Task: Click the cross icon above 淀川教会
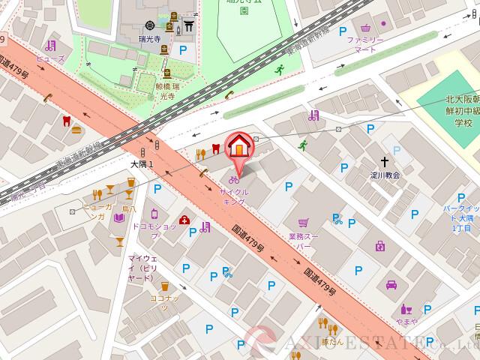[385, 161]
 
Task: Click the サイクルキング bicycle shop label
[233, 197]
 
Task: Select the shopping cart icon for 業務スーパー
[303, 223]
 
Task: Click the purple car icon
[391, 285]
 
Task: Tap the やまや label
[407, 321]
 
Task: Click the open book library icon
[118, 218]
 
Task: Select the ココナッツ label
[163, 302]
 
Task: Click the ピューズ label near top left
[55, 58]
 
